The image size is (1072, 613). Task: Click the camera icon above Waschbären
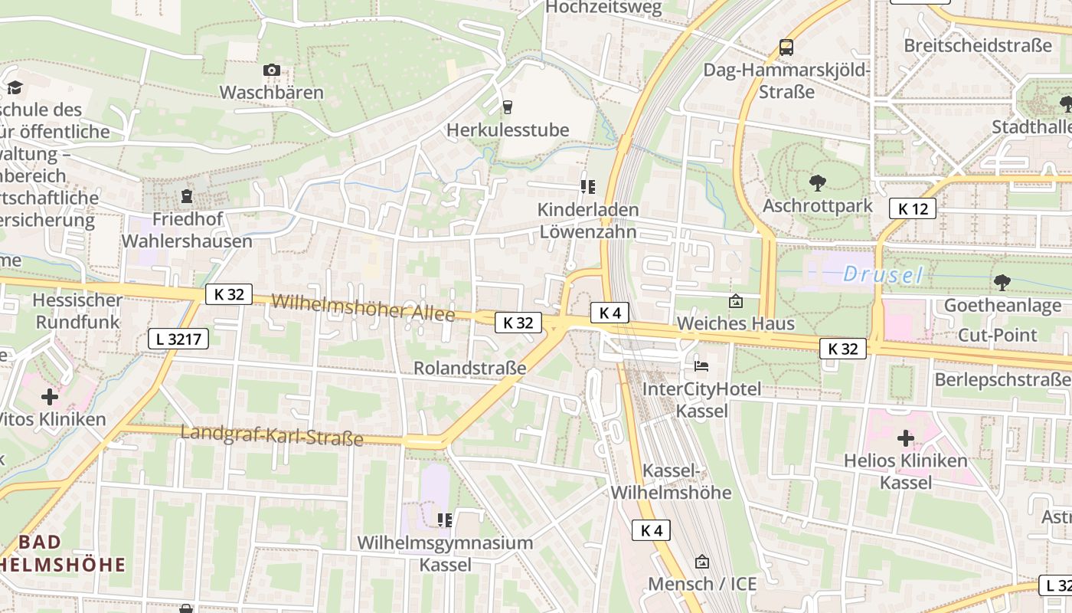pyautogui.click(x=271, y=70)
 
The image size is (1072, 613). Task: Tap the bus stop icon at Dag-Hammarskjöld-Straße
pyautogui.click(x=786, y=48)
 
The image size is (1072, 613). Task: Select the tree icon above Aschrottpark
pyautogui.click(x=817, y=183)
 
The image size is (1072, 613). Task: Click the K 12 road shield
pyautogui.click(x=913, y=208)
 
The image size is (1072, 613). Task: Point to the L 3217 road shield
pyautogui.click(x=178, y=338)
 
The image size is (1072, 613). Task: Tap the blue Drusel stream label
pyautogui.click(x=883, y=274)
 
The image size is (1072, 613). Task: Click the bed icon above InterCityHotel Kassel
pyautogui.click(x=701, y=366)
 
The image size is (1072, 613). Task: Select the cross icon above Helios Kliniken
pyautogui.click(x=906, y=438)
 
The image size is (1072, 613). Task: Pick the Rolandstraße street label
pyautogui.click(x=470, y=368)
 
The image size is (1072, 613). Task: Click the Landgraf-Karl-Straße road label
pyautogui.click(x=272, y=435)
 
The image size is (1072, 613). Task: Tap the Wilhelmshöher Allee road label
pyautogui.click(x=363, y=307)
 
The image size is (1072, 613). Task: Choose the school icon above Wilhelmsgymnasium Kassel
pyautogui.click(x=445, y=521)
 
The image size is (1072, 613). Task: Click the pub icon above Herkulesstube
pyautogui.click(x=506, y=107)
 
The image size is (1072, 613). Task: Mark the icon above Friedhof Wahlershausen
pyautogui.click(x=186, y=197)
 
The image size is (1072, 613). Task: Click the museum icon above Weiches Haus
pyautogui.click(x=735, y=301)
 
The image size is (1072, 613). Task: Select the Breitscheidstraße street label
pyautogui.click(x=978, y=45)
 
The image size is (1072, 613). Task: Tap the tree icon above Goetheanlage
pyautogui.click(x=1002, y=283)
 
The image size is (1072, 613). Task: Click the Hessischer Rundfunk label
pyautogui.click(x=77, y=310)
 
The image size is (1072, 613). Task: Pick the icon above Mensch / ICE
pyautogui.click(x=701, y=562)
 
